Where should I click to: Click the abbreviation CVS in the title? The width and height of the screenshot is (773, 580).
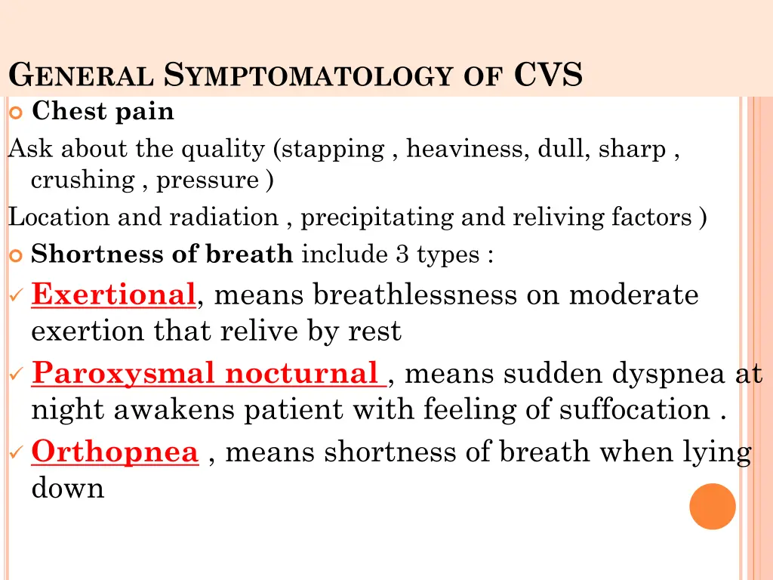tap(549, 76)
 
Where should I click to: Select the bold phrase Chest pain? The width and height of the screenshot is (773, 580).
tap(103, 112)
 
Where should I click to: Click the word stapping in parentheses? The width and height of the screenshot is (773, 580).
tap(333, 150)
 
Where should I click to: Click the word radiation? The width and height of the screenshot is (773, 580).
tap(223, 217)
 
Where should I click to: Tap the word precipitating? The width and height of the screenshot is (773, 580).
tap(377, 217)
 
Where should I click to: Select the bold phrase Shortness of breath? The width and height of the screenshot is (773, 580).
tap(162, 255)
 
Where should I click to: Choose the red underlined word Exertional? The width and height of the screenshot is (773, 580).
tap(113, 295)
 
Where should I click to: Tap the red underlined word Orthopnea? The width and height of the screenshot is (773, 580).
tap(115, 452)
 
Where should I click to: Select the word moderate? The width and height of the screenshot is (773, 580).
tap(633, 295)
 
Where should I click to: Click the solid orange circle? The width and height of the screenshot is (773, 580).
tap(713, 506)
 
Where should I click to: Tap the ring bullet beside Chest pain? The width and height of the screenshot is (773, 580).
tap(17, 113)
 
